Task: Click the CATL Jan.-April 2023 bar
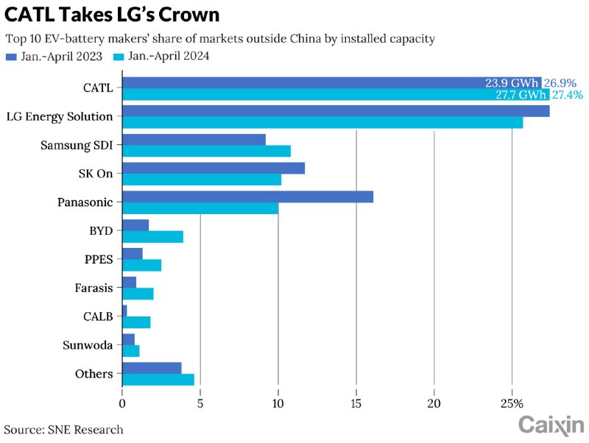click(294, 82)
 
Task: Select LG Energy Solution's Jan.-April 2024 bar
click(322, 122)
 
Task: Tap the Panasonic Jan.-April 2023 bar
click(247, 196)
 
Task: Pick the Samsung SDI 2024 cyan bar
click(206, 151)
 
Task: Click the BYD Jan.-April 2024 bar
click(152, 236)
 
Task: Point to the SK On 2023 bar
click(213, 169)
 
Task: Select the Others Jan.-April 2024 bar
click(158, 380)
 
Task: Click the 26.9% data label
click(560, 83)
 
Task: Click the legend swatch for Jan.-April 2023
click(10, 57)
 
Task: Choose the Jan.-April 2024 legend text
click(169, 57)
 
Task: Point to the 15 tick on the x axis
click(356, 403)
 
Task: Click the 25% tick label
click(512, 403)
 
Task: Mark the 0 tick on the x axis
click(122, 403)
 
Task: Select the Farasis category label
click(94, 288)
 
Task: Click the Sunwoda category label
click(89, 345)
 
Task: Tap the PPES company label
click(98, 259)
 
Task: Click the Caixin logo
click(551, 425)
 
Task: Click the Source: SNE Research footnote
click(64, 429)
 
